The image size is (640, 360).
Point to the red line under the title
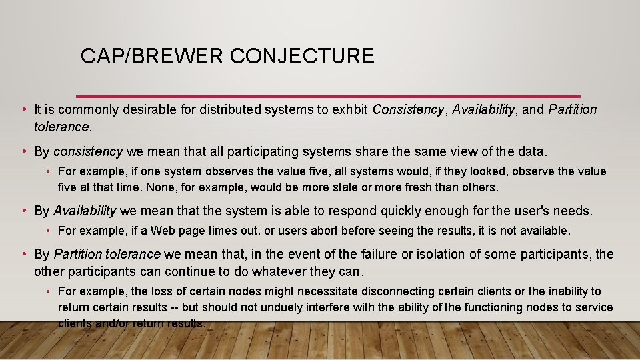click(328, 96)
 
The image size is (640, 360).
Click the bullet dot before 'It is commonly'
click(23, 109)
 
